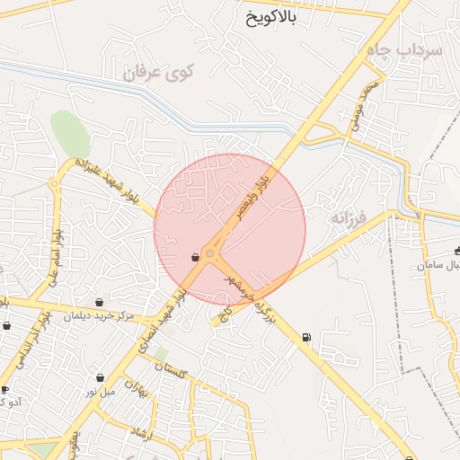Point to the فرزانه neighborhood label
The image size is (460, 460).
coord(350,218)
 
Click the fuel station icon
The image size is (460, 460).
coord(307,338)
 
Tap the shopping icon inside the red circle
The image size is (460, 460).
coord(195,258)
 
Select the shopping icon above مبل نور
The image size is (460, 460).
coord(100,378)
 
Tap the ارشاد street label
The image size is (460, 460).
coord(143,436)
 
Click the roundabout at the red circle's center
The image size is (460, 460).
coord(210,254)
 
